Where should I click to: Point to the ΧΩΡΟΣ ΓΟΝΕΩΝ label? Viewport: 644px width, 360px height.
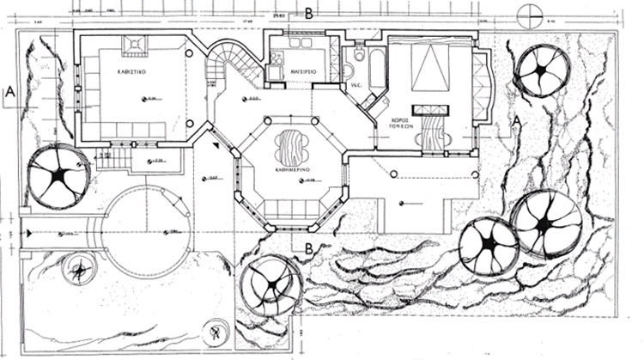(x=423, y=120)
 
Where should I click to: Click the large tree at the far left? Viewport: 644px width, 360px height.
(x=58, y=177)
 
